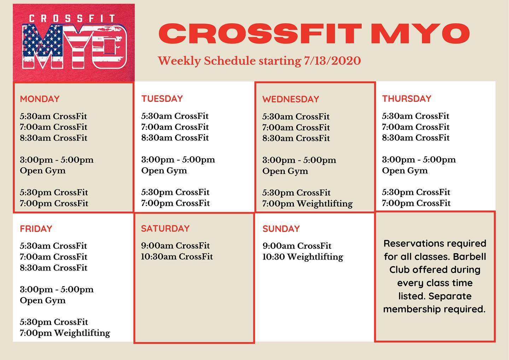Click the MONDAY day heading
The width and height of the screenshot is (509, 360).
[40, 99]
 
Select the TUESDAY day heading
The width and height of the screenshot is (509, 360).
[162, 99]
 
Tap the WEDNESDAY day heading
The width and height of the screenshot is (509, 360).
[291, 99]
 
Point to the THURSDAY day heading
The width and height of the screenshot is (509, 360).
[406, 99]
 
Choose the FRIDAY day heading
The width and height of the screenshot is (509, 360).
[36, 229]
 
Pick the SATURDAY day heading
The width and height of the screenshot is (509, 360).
[165, 228]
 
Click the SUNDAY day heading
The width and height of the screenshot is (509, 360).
[281, 229]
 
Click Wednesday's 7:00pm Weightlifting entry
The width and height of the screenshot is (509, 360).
[308, 204]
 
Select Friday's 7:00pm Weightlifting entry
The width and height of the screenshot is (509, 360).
[65, 333]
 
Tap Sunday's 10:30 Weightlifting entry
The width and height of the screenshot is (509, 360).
[303, 257]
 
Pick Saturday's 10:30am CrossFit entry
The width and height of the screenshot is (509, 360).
[177, 257]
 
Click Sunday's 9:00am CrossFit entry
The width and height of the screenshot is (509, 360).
[297, 246]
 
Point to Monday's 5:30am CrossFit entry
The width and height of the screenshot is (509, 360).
[53, 116]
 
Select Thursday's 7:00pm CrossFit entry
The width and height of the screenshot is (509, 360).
[416, 203]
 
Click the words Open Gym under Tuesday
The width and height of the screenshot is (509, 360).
[164, 171]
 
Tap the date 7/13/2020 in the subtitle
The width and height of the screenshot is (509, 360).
[332, 61]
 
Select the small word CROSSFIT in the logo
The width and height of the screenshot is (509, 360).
[72, 18]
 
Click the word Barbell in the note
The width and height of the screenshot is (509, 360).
[469, 257]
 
